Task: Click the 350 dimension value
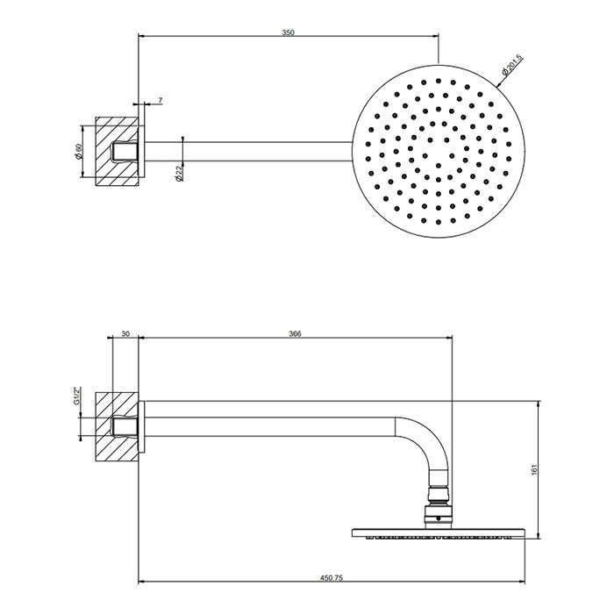pos(288,32)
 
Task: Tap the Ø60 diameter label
pos(78,151)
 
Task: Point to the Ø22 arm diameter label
pos(177,174)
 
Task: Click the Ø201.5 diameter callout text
pos(513,66)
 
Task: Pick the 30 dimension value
pos(125,333)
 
